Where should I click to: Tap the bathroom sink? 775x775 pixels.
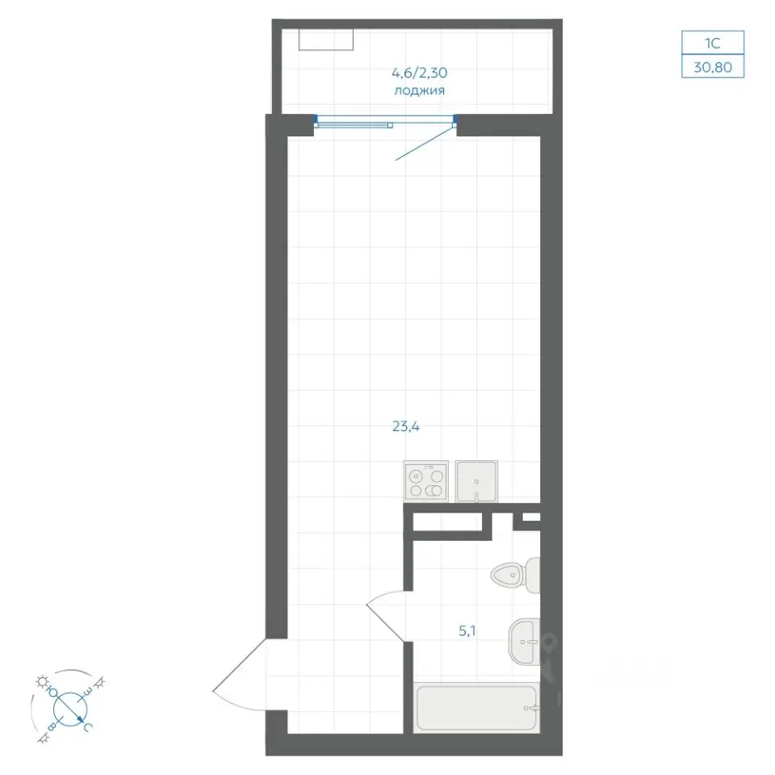pyautogui.click(x=525, y=642)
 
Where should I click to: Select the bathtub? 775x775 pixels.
pyautogui.click(x=476, y=707)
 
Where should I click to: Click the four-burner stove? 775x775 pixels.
pyautogui.click(x=426, y=482)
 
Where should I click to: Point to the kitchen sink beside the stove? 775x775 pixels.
pyautogui.click(x=476, y=481)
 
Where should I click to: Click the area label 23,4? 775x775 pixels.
pyautogui.click(x=406, y=426)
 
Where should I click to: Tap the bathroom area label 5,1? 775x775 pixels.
pyautogui.click(x=467, y=631)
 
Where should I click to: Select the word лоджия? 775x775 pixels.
pyautogui.click(x=419, y=91)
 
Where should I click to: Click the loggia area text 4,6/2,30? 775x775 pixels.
pyautogui.click(x=419, y=73)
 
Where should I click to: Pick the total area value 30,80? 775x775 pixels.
pyautogui.click(x=713, y=67)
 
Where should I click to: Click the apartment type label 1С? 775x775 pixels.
pyautogui.click(x=712, y=44)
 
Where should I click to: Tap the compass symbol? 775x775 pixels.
pyautogui.click(x=69, y=708)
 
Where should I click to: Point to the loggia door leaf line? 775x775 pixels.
pyautogui.click(x=425, y=144)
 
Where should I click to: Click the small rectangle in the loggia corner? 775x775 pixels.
pyautogui.click(x=325, y=40)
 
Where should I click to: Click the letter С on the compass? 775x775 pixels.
pyautogui.click(x=87, y=727)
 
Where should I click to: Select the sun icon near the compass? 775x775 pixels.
pyautogui.click(x=41, y=681)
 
